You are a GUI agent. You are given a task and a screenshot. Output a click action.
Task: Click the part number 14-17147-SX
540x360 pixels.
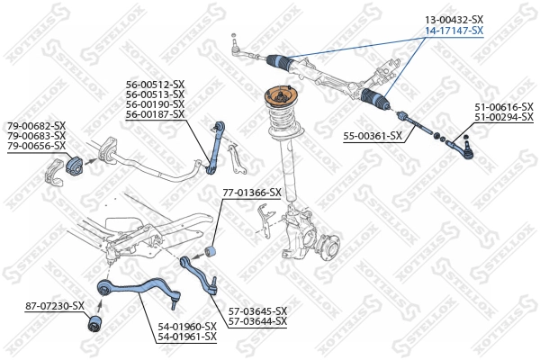[x=454, y=30]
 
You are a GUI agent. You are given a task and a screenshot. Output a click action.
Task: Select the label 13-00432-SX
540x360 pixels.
[x=454, y=19]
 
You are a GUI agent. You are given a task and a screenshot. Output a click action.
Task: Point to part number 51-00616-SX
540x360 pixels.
[x=505, y=107]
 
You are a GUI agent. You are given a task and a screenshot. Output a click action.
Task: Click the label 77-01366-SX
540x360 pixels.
[x=251, y=193]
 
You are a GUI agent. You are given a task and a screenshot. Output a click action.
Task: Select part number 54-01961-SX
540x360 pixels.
[x=187, y=337]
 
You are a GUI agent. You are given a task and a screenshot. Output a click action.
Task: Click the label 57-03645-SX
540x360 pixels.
[x=256, y=310]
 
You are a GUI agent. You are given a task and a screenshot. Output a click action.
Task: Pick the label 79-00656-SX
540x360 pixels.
[x=37, y=145]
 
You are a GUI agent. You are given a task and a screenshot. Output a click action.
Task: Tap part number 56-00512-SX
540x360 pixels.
[x=155, y=85]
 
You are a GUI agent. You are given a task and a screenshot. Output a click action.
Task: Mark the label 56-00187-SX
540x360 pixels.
[x=155, y=114]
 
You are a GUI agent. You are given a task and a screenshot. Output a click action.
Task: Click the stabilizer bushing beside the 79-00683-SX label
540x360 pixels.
[x=74, y=166]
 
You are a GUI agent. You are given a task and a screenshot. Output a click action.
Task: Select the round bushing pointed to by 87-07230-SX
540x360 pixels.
[x=93, y=322]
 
